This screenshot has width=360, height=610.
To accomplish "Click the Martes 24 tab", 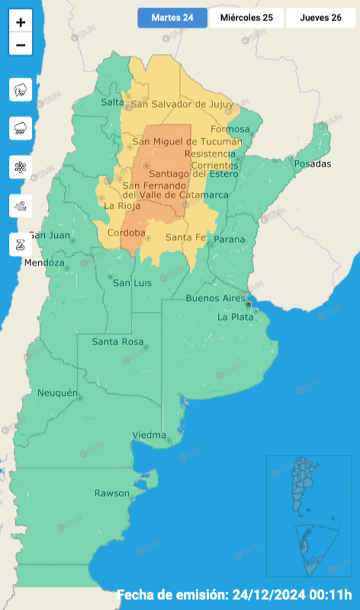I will pos(172,18).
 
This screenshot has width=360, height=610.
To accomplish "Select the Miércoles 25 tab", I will pos(246,18).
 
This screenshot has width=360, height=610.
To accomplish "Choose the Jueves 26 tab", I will pos(320,18).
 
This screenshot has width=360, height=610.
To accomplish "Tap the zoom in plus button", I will pos(21,22).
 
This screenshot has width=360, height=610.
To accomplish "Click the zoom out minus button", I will pos(21,45).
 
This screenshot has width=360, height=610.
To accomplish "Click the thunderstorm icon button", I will pos(21,90).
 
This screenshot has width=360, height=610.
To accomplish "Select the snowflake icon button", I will pos(21,167).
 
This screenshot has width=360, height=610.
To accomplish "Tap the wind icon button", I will pos(21,206).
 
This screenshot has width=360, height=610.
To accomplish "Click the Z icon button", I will pos(21,244).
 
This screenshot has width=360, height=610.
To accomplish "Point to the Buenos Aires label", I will pos(215,299).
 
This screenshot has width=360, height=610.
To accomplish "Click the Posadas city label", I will pos(312,164).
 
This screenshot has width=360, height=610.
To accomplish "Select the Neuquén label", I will pos(57,393).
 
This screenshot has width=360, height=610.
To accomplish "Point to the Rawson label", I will pos(112,493).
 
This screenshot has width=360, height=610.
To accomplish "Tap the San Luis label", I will pos(132,283).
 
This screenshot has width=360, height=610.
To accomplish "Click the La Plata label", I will pos(235,317).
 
